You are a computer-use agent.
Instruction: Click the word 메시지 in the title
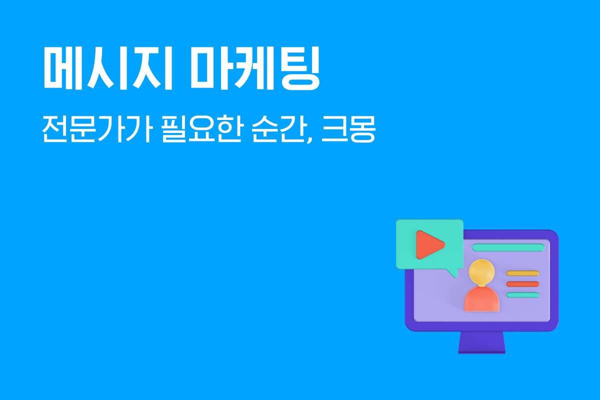coord(107,68)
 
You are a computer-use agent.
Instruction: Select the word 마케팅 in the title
coord(255,68)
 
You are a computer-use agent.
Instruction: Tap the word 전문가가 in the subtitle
coord(97,129)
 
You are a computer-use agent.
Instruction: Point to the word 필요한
coord(201,129)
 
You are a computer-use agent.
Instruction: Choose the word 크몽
coord(348,129)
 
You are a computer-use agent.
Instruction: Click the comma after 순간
coord(309,139)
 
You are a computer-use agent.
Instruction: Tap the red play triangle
coord(430,244)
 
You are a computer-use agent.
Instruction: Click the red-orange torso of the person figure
coord(481,299)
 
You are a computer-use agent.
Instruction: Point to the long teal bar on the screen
coord(508,247)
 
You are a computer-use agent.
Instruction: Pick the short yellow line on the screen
coord(523,273)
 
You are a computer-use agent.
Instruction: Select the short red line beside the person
coord(523,284)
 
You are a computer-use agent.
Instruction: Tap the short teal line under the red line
coord(523,295)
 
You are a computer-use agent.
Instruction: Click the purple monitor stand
coord(481,342)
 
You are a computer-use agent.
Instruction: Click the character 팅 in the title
coord(301,68)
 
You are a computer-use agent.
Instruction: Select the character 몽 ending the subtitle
coord(362,129)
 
